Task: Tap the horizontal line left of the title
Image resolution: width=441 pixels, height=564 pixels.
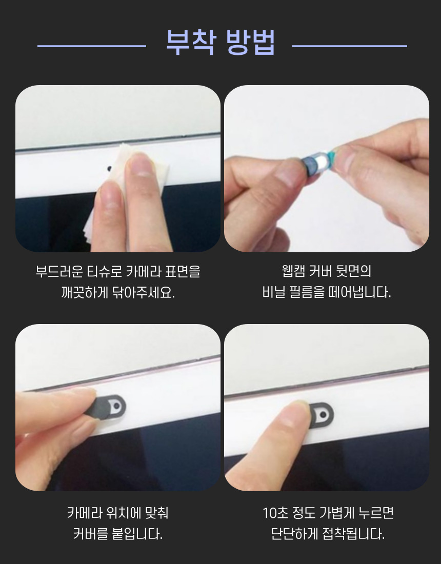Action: click(x=92, y=46)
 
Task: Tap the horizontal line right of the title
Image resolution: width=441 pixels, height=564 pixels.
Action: click(x=350, y=46)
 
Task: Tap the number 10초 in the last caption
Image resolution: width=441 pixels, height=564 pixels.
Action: click(x=275, y=513)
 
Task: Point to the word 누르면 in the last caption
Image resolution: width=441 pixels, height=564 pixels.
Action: click(x=376, y=513)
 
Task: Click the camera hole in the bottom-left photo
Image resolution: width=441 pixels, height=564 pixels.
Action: click(x=116, y=407)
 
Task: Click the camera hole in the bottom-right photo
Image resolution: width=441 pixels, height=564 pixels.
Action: click(x=323, y=415)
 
